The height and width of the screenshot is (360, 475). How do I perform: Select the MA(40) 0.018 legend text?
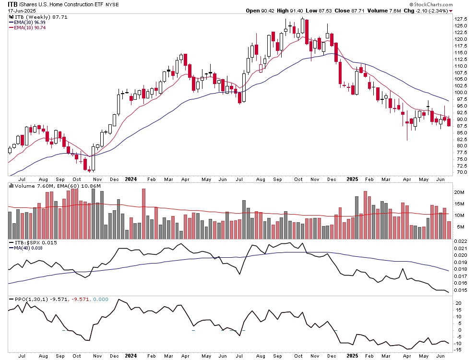28,248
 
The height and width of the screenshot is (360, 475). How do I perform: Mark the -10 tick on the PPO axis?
458,344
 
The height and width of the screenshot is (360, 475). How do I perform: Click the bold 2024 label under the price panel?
130,179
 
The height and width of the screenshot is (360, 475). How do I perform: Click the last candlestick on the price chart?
449,123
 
